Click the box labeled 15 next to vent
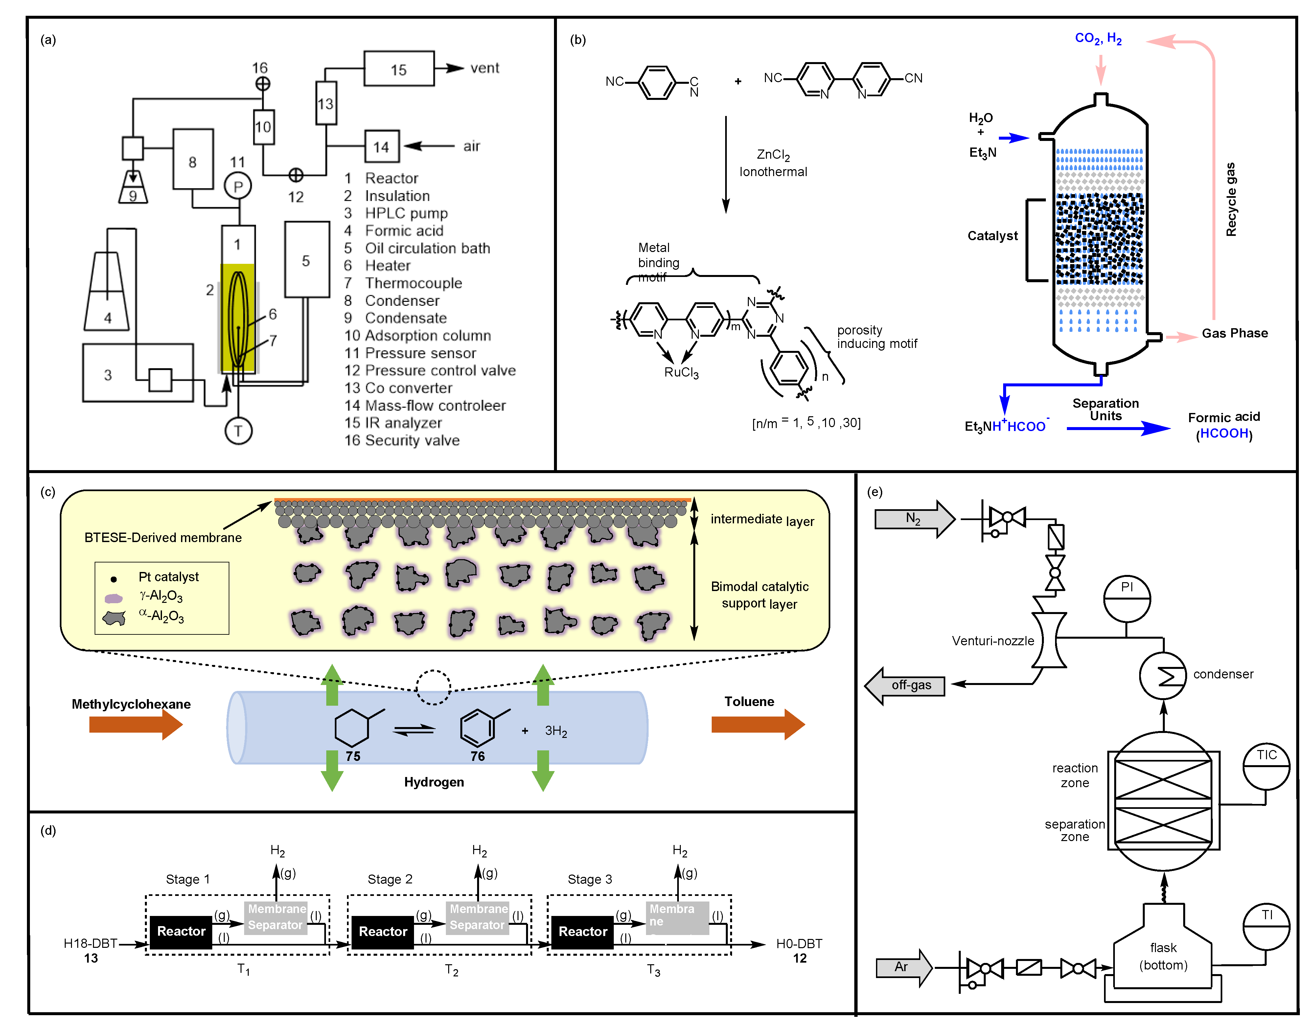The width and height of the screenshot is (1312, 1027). click(x=399, y=69)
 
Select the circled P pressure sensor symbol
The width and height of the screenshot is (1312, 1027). click(x=238, y=186)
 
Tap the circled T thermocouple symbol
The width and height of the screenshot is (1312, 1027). click(x=238, y=430)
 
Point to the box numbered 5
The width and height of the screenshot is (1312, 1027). click(x=307, y=260)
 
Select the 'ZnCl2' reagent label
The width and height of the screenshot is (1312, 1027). click(x=773, y=155)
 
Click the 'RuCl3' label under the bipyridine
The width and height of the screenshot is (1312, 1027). click(x=681, y=373)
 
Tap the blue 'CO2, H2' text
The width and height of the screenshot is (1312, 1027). click(x=1098, y=38)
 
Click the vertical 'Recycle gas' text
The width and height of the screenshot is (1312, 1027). click(x=1231, y=198)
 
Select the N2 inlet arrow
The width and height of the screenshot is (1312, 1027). click(x=914, y=518)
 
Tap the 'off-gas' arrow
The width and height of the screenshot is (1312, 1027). click(x=905, y=685)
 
